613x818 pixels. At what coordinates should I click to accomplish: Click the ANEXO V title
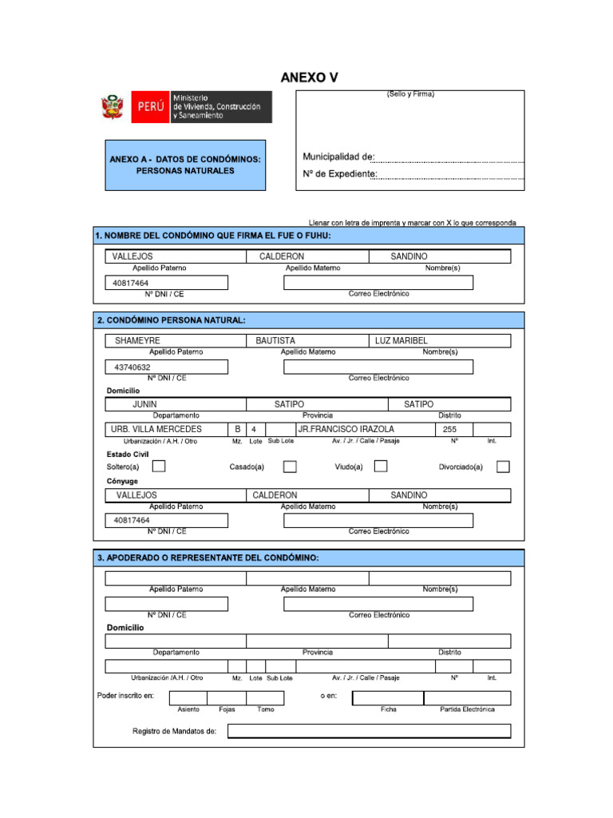point(309,77)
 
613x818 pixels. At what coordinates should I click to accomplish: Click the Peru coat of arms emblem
point(111,107)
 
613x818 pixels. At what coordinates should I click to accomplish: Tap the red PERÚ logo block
point(150,107)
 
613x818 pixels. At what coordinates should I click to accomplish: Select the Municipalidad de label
point(338,157)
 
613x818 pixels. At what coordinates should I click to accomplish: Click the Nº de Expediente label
point(339,173)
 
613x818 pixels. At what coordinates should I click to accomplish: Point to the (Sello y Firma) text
point(410,94)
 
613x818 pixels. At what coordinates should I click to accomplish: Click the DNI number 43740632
point(132,367)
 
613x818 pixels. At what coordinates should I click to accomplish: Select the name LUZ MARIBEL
point(401,341)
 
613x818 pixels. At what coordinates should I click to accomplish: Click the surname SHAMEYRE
point(137,341)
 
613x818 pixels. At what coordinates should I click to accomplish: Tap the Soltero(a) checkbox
point(160,467)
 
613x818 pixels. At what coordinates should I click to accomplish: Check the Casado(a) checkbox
point(290,467)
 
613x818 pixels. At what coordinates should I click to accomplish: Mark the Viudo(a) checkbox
point(381,467)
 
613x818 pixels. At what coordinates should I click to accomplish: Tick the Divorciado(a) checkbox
point(503,467)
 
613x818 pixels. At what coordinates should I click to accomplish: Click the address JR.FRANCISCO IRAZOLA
point(346,430)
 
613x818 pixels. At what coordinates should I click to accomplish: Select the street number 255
point(449,430)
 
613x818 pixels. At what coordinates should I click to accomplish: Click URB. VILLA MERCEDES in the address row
point(156,430)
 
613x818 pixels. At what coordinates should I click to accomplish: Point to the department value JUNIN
point(144,405)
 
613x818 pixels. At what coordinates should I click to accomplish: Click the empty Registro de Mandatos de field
point(369,731)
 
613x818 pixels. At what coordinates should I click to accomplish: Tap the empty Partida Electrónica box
point(467,698)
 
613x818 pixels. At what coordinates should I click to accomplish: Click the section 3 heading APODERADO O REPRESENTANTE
point(208,558)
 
